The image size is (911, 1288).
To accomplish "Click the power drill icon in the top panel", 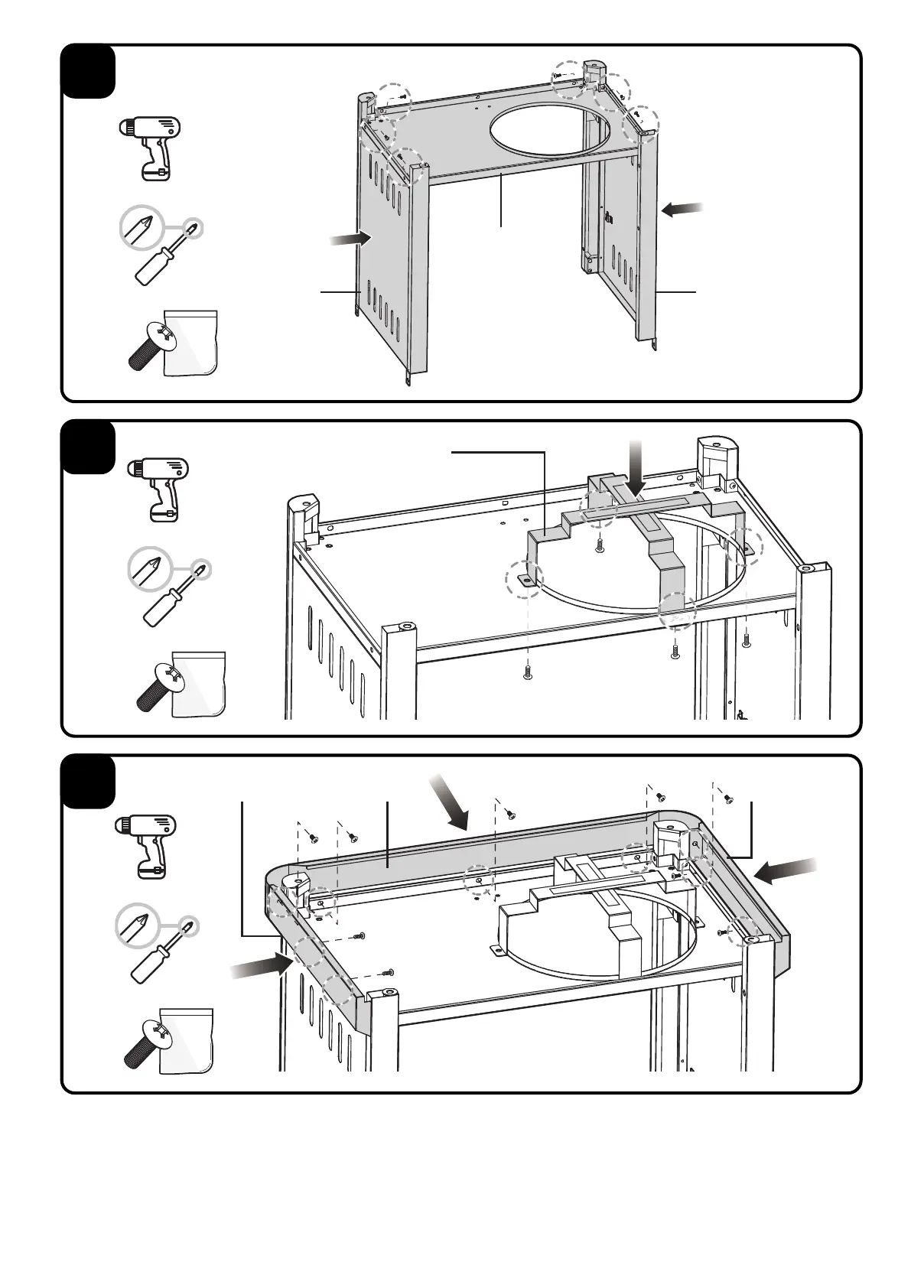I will tap(151, 148).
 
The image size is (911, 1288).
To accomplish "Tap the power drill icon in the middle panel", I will tap(158, 488).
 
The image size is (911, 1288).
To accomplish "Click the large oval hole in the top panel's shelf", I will tap(549, 128).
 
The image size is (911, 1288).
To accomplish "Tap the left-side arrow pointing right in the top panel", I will tap(350, 239).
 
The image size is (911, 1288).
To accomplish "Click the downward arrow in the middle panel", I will tap(636, 467).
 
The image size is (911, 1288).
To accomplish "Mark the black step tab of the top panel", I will tap(88, 72).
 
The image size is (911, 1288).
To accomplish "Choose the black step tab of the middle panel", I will tap(88, 447).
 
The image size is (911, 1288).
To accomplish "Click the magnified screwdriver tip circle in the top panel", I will tap(142, 228).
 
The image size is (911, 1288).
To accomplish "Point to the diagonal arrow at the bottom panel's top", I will tap(449, 802).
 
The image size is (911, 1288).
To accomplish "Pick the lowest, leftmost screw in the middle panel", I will tap(527, 672).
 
